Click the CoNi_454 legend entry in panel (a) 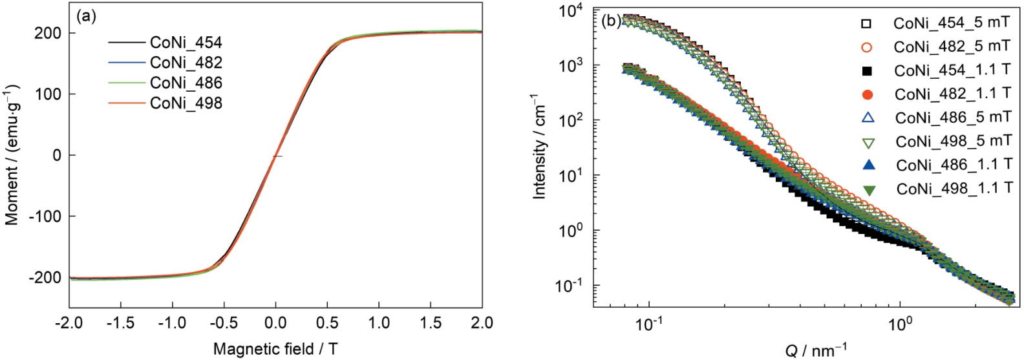click(186, 43)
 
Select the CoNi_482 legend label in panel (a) click(186, 63)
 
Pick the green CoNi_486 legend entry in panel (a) click(186, 83)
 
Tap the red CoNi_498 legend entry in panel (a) click(186, 103)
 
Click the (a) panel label click(86, 17)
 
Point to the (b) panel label click(611, 20)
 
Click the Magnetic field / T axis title click(275, 350)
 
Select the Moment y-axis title click(12, 154)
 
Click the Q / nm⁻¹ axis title click(816, 350)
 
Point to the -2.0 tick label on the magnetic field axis click(69, 323)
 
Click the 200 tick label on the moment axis click(48, 34)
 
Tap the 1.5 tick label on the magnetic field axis click(431, 323)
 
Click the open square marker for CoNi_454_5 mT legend click(867, 24)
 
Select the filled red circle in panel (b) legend click(868, 94)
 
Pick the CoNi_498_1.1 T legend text click(954, 188)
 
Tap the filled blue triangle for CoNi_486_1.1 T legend click(868, 165)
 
